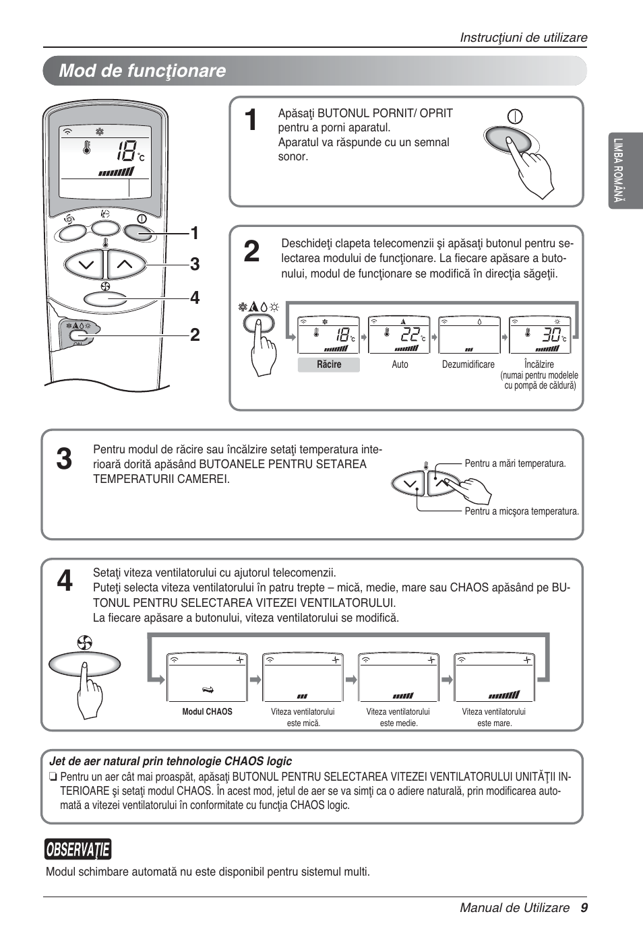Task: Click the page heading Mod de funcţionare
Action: coord(142,71)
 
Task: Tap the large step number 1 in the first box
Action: coord(251,121)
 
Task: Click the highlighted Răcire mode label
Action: coord(329,364)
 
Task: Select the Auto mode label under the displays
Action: coord(400,364)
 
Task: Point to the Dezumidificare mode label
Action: coord(468,364)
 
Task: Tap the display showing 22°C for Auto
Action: coord(399,335)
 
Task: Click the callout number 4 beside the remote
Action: coord(195,298)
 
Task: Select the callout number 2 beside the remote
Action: coord(195,335)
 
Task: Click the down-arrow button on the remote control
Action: coord(86,265)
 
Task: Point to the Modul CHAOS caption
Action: coord(207,712)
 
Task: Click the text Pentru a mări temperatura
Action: coord(515,463)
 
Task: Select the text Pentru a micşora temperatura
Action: coord(521,511)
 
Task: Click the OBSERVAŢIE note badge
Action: coord(78,850)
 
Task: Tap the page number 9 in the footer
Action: coord(584,908)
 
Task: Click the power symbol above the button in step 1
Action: coord(515,117)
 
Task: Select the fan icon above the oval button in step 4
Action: coord(85,643)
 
